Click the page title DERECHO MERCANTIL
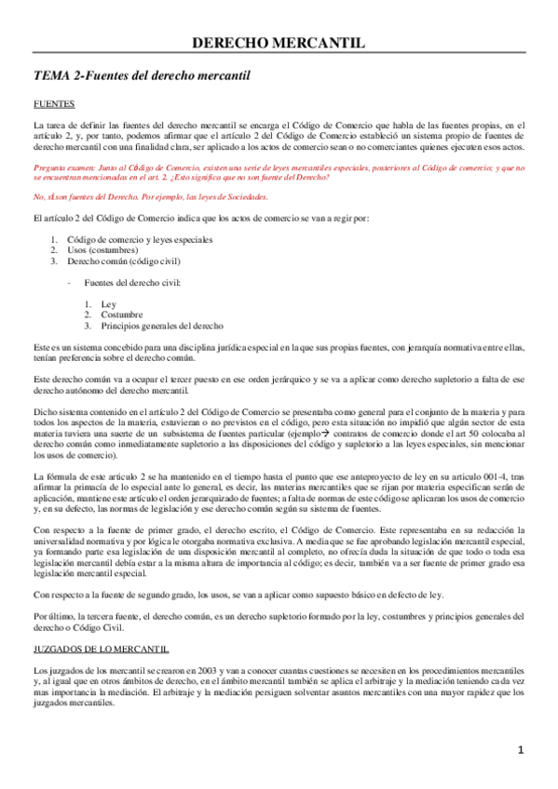click(279, 43)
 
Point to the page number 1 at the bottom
click(522, 749)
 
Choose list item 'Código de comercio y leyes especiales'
click(140, 240)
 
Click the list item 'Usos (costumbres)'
click(102, 250)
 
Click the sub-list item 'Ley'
click(108, 304)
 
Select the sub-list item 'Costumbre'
click(122, 314)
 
